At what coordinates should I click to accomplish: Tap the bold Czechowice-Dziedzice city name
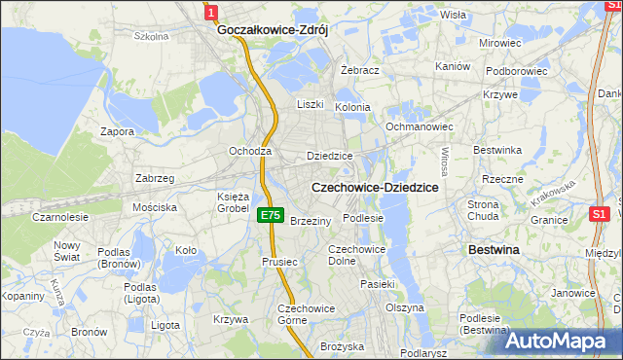coord(374,187)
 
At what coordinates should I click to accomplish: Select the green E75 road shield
coord(272,216)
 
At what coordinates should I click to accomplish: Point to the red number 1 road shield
coord(211,11)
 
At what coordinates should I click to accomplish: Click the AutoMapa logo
coord(562,340)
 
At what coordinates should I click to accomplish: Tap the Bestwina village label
coord(494,250)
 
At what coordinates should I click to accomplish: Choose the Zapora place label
coord(118,130)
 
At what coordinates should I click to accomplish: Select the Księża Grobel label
coord(234,201)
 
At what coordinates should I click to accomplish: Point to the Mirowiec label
coord(500,44)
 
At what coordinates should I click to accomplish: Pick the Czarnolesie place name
coord(60,218)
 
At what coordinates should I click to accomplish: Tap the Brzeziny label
coord(311,221)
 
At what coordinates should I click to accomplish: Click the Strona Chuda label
coord(483,210)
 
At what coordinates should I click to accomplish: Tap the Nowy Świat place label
coord(68,251)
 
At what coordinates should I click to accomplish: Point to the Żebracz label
coord(359,71)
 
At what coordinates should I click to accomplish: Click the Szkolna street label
coord(152,37)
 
